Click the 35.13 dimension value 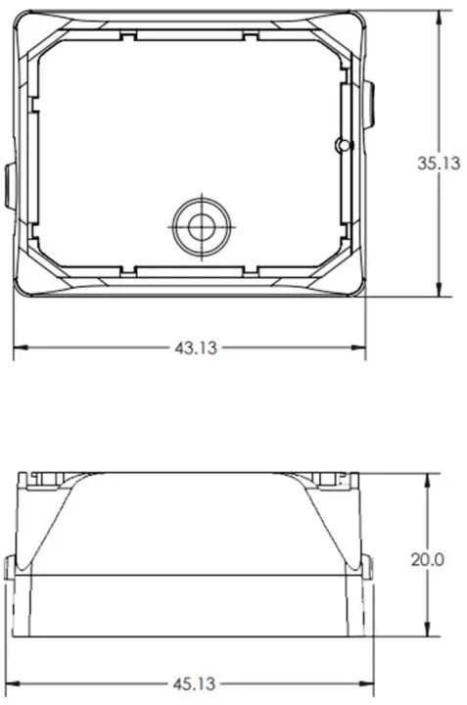438,164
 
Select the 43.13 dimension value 195,348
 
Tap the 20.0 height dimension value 428,559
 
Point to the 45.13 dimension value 195,682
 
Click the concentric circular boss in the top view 202,225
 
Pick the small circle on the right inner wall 342,146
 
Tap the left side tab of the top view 8,186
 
